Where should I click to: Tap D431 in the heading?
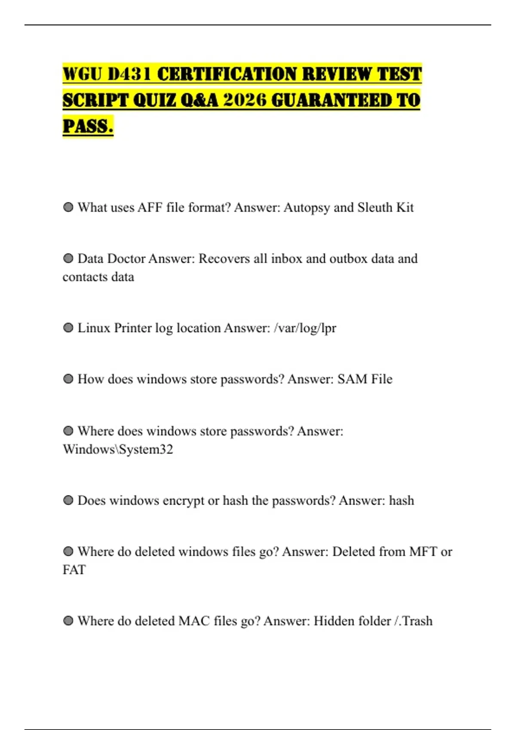(x=129, y=74)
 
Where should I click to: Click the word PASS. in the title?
(x=88, y=126)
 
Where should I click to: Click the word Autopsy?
(x=307, y=208)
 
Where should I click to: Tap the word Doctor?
(x=126, y=259)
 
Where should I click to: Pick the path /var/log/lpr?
(x=305, y=328)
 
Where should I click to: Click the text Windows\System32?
(x=118, y=450)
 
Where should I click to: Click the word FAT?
(x=74, y=570)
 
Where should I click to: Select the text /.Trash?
(x=413, y=621)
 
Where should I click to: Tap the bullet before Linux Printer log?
(x=68, y=328)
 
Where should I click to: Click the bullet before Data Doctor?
(x=68, y=259)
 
